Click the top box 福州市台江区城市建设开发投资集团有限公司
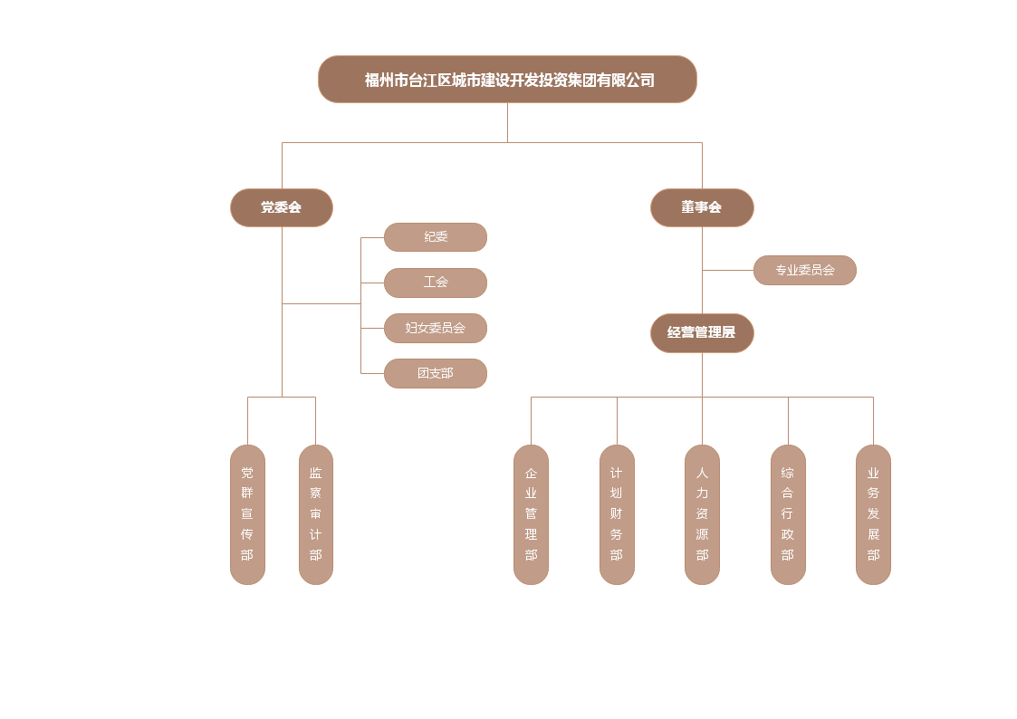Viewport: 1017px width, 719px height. coord(508,80)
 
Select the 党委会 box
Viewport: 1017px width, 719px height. coord(282,207)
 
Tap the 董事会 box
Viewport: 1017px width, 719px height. coord(702,207)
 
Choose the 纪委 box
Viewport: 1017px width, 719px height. coord(436,237)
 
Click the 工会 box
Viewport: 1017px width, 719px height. coord(436,283)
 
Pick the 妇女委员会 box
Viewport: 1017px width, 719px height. coord(436,328)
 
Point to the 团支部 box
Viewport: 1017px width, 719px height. coord(436,373)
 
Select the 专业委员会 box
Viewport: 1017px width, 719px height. coord(805,270)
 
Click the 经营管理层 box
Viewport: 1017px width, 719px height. coord(702,332)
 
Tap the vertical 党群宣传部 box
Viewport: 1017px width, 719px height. coord(247,514)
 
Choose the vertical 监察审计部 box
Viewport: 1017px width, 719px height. coord(316,514)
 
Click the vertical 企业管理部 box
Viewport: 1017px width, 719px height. coord(532,514)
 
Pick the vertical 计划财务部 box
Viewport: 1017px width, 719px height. coord(617,514)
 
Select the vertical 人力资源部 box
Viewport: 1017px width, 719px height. coord(703,514)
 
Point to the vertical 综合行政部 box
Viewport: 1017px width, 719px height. coord(788,514)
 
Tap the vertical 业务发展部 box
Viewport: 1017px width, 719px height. coord(874,514)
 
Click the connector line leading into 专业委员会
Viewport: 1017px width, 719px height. coord(728,271)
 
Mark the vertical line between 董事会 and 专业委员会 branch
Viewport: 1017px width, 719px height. coord(703,248)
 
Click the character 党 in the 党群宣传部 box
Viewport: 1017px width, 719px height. coord(247,473)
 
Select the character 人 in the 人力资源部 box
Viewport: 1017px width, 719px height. coord(703,473)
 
